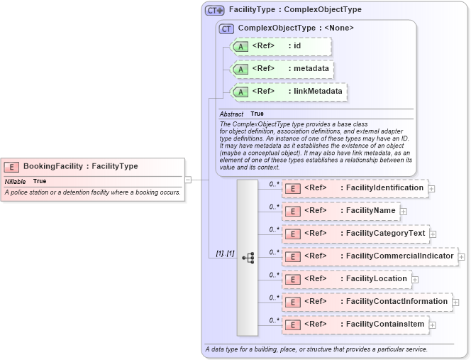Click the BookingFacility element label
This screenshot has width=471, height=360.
click(x=80, y=166)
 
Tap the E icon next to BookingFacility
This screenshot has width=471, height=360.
click(x=11, y=167)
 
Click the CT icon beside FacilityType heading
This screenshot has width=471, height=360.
click(x=214, y=11)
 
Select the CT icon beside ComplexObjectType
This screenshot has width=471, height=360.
click(x=227, y=28)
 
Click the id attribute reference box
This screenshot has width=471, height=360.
click(x=281, y=46)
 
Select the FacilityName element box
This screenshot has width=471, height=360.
click(x=340, y=211)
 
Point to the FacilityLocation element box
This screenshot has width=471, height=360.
click(x=347, y=279)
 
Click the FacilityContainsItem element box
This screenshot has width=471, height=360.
click(x=355, y=324)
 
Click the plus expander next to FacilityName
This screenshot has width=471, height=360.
click(x=403, y=211)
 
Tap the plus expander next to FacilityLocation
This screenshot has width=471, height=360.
click(x=415, y=279)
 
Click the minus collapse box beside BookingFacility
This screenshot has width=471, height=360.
click(x=188, y=180)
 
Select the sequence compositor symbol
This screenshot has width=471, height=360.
click(x=248, y=258)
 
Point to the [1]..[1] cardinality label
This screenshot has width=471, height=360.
click(x=225, y=253)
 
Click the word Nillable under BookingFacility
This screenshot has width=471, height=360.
click(x=15, y=182)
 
